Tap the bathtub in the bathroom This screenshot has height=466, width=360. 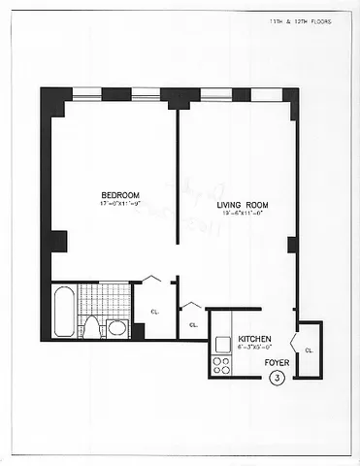click(x=63, y=312)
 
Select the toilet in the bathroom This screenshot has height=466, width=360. click(x=90, y=325)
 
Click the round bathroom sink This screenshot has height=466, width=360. click(x=116, y=327)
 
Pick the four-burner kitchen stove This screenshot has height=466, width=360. click(x=221, y=366)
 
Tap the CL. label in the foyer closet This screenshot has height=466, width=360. click(x=310, y=349)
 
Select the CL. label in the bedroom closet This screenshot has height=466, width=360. click(x=154, y=311)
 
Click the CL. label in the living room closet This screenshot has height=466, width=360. click(x=193, y=324)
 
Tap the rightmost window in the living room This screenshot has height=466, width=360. click(x=263, y=94)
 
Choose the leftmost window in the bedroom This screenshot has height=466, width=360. click(x=86, y=94)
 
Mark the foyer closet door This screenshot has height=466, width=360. click(x=298, y=349)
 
